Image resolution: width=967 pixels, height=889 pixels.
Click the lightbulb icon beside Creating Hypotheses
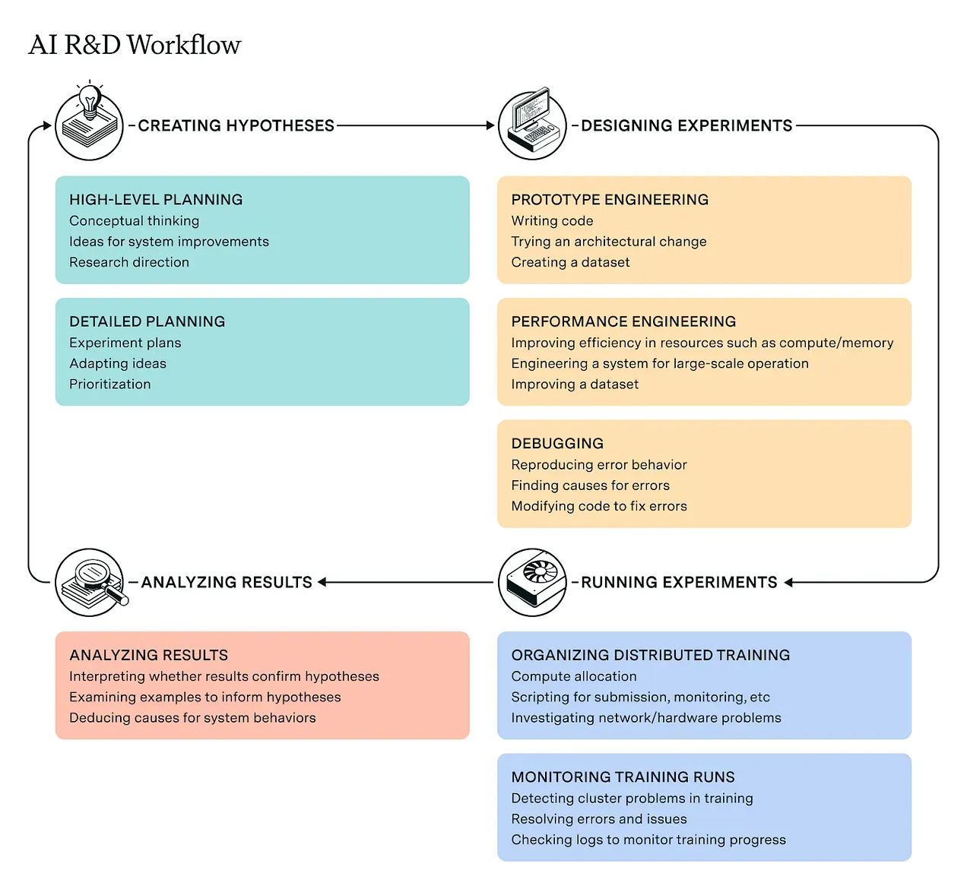pos(90,125)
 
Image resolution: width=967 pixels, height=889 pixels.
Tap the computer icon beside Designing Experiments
pos(532,125)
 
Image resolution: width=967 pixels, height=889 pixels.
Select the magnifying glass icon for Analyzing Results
pos(90,582)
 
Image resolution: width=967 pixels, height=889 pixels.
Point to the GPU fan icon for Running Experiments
pos(532,582)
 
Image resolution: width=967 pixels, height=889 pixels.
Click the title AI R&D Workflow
pos(135,45)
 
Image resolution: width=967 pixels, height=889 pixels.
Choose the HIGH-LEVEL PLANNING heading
pos(156,200)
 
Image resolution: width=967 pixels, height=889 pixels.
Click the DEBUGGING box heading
pos(557,444)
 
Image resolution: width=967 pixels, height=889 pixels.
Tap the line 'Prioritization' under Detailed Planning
pos(110,384)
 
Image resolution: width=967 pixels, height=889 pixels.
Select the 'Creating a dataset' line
pos(570,262)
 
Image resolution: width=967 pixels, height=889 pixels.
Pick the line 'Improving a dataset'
pos(575,384)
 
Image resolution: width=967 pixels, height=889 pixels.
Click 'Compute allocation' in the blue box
pos(574,676)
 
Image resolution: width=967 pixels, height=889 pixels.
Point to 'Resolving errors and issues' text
pos(599,819)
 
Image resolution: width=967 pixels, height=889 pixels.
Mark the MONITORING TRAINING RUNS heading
pos(623,777)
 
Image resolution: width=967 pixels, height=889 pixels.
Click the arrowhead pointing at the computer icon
pos(490,125)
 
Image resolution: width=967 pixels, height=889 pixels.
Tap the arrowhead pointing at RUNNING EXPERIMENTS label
pos(788,583)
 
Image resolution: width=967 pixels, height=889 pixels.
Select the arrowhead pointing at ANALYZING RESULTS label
pos(322,582)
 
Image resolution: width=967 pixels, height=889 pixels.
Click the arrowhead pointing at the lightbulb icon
pos(47,125)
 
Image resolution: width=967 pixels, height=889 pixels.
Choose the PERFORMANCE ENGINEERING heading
pos(623,321)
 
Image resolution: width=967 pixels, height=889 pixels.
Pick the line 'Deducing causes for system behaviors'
pos(192,718)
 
